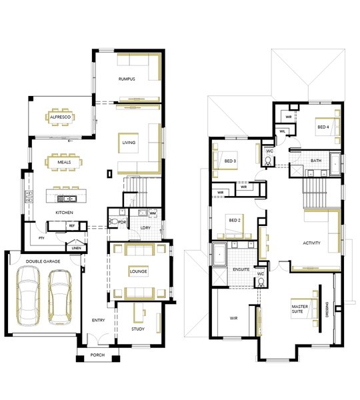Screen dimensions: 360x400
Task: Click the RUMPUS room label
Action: click(127, 79)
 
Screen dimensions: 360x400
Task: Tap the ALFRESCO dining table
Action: click(60, 117)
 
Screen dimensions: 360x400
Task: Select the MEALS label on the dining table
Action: click(64, 162)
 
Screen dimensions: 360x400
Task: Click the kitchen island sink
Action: click(67, 199)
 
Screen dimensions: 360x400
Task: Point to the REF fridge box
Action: click(72, 226)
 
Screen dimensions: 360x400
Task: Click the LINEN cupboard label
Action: click(76, 248)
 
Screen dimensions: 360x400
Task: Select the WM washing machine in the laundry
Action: click(153, 213)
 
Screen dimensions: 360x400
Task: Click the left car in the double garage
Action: click(28, 295)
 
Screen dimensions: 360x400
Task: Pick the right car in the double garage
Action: click(60, 297)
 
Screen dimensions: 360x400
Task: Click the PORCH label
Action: click(97, 355)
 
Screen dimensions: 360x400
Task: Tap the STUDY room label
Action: click(138, 329)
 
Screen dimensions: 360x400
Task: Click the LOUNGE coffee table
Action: click(138, 271)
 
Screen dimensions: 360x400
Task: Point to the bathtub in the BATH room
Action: click(335, 164)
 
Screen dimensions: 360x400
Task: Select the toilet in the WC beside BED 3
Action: click(268, 161)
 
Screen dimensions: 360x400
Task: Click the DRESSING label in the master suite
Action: click(327, 310)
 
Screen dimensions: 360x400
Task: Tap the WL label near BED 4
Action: click(282, 131)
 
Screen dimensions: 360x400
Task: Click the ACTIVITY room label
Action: click(311, 243)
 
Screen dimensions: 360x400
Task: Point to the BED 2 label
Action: click(235, 220)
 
